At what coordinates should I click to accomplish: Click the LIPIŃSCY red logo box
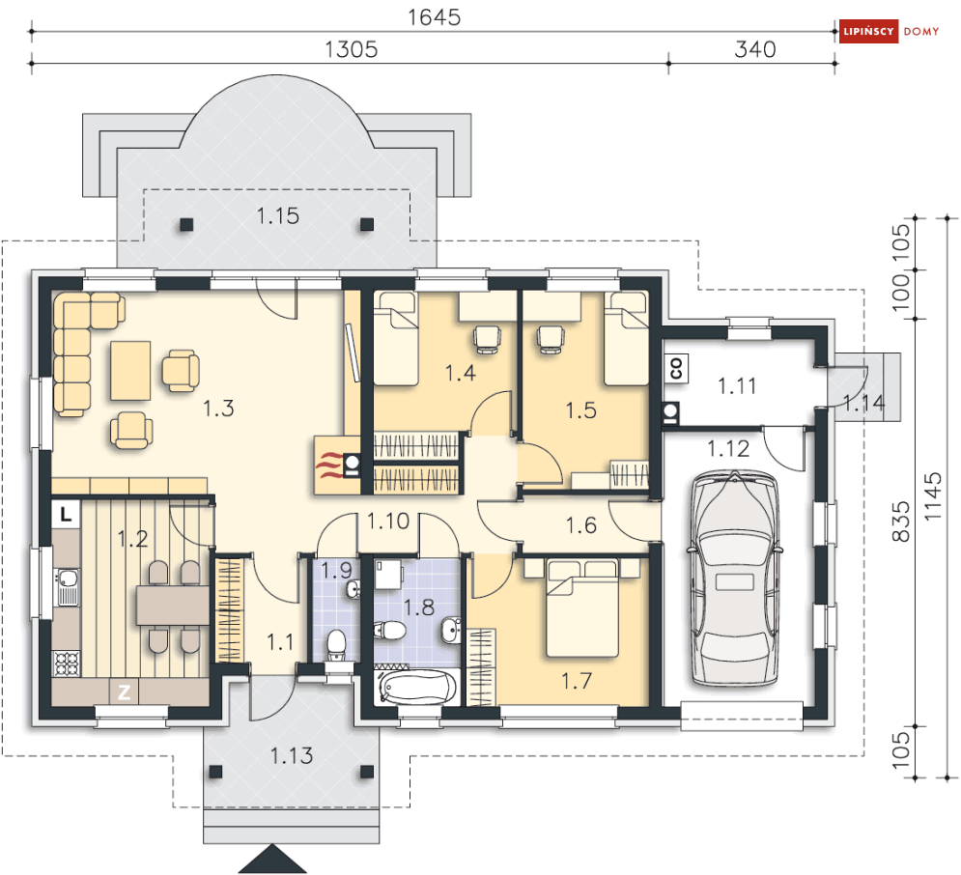pos(868,31)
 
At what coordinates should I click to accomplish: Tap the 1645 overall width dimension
pos(435,17)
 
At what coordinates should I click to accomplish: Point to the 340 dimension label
pos(755,49)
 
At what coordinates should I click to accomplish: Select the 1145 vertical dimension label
pos(932,496)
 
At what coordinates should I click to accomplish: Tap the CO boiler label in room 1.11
pos(676,368)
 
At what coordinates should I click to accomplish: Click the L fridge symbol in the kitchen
pos(67,514)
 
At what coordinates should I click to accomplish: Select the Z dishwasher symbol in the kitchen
pos(124,692)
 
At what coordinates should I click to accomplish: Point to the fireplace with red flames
pos(337,465)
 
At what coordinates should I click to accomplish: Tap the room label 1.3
pos(218,409)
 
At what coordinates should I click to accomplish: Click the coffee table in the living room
pos(130,371)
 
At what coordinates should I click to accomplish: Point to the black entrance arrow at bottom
pos(272,859)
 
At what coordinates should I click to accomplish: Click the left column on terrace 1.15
pos(187,224)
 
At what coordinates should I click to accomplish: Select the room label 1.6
pos(581,525)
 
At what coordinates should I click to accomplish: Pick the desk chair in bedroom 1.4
pos(487,340)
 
